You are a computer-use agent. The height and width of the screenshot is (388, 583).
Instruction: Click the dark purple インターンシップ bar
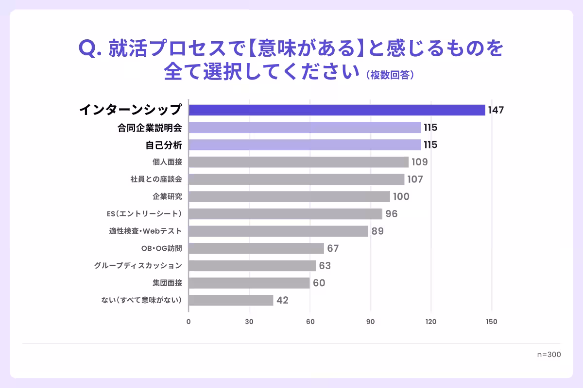click(x=337, y=110)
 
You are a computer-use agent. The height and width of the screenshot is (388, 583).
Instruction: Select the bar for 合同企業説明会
click(x=305, y=128)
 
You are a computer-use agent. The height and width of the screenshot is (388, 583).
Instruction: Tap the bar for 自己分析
click(x=305, y=145)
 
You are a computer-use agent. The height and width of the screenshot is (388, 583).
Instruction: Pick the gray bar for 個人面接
click(x=298, y=162)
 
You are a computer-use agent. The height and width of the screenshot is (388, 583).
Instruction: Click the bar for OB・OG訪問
click(x=256, y=248)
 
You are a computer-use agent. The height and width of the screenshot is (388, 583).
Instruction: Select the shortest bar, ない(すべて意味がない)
click(x=231, y=300)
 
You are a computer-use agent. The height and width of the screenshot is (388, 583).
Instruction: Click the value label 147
click(x=496, y=110)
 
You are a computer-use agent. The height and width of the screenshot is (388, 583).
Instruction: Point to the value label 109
click(x=419, y=162)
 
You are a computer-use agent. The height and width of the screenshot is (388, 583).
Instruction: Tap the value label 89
click(x=377, y=231)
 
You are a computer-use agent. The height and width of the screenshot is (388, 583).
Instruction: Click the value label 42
click(x=282, y=300)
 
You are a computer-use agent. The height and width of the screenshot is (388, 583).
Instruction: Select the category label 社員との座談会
click(x=156, y=179)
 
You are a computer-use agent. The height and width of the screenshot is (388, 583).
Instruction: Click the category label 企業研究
click(x=167, y=196)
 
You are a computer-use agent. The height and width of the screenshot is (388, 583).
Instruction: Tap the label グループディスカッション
click(x=138, y=266)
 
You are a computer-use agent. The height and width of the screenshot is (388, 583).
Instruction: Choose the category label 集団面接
click(x=167, y=283)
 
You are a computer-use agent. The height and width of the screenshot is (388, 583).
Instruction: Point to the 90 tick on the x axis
click(x=371, y=322)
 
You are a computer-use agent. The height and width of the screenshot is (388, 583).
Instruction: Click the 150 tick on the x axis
click(x=491, y=322)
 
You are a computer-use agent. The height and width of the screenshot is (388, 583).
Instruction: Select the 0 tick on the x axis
click(x=189, y=322)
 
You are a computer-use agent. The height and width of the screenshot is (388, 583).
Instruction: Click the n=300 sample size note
click(x=549, y=355)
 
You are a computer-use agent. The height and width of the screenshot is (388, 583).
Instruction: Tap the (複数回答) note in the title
click(x=390, y=75)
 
